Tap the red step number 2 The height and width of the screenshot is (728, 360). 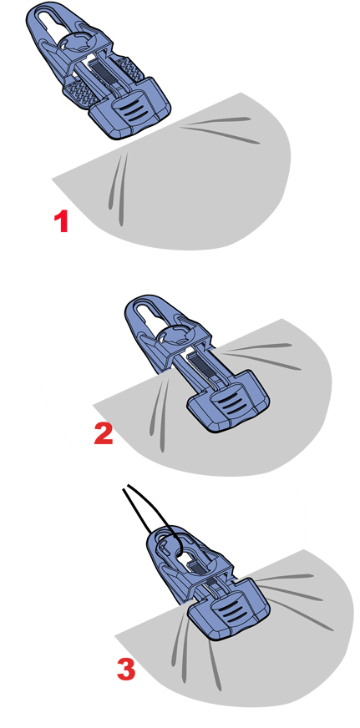coord(103,433)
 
